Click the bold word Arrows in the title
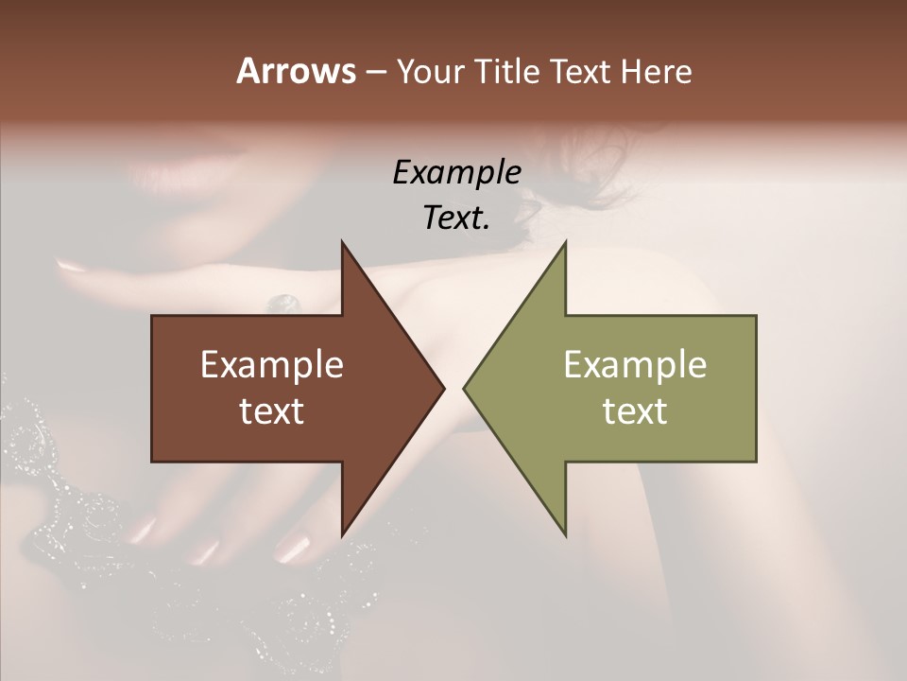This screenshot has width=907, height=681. (296, 71)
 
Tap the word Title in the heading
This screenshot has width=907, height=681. (506, 72)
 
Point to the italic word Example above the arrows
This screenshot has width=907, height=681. (456, 172)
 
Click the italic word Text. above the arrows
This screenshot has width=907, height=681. (456, 218)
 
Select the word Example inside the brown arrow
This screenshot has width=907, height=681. (272, 365)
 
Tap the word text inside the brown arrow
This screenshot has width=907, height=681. (272, 410)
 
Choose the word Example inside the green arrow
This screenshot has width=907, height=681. (635, 365)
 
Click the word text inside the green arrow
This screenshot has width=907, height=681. (635, 410)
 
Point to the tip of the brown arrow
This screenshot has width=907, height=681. (444, 389)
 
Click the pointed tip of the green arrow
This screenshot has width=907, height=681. (464, 389)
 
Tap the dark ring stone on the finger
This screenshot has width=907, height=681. (283, 304)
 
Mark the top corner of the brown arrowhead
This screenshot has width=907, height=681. (342, 242)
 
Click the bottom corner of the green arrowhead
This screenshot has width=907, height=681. (565, 536)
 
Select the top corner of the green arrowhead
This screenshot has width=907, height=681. (565, 242)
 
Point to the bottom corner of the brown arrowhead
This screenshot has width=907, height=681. (342, 536)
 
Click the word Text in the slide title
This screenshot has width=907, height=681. (580, 72)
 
